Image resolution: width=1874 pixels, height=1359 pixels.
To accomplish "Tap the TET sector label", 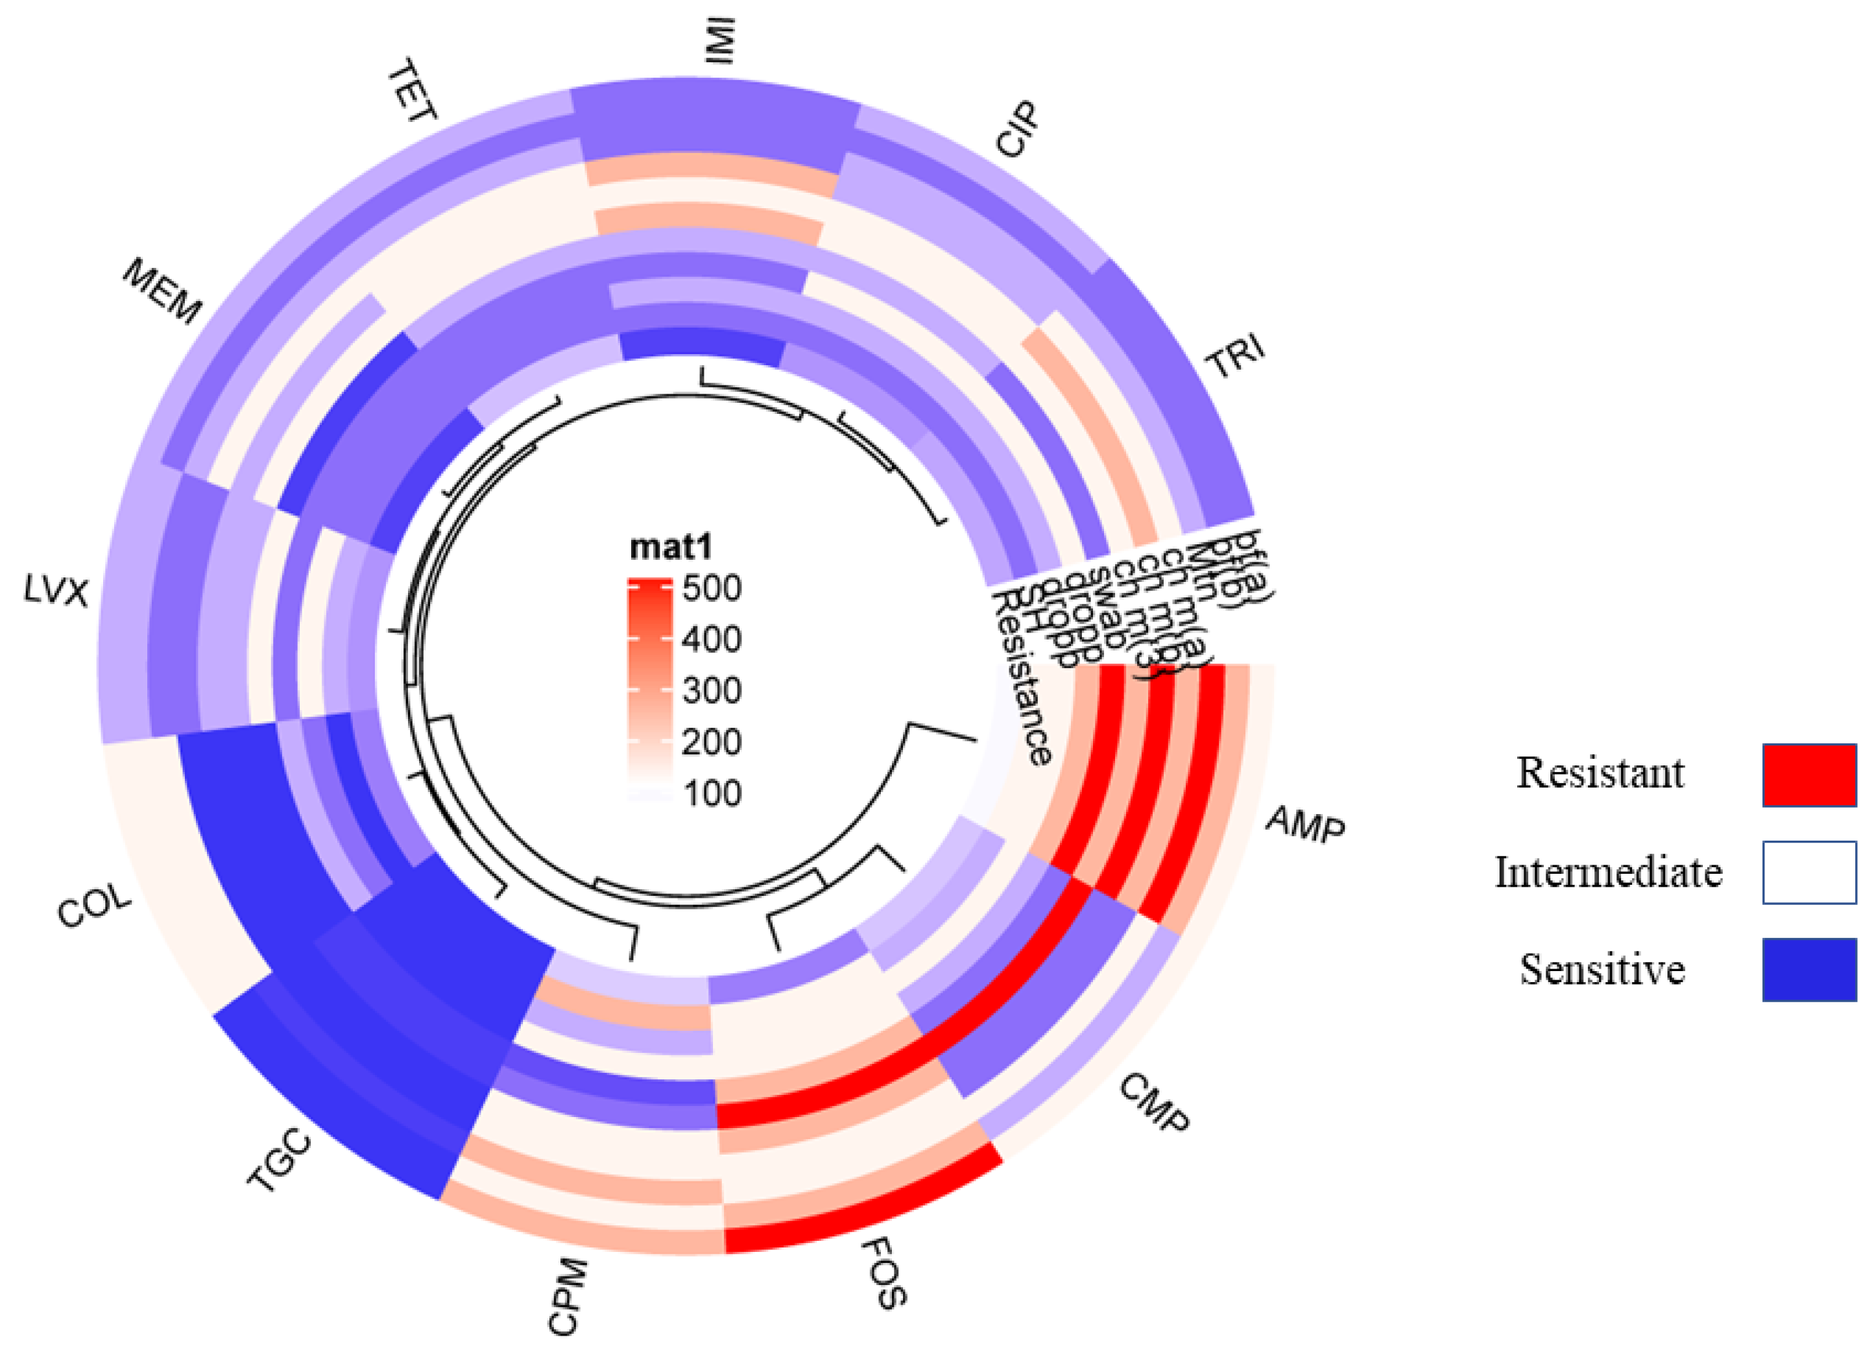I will [x=411, y=91].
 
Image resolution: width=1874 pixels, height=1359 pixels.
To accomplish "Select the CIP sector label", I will [x=1016, y=130].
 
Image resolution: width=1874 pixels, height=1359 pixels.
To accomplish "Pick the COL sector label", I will [x=94, y=906].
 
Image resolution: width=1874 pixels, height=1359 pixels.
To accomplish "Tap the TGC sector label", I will [x=280, y=1161].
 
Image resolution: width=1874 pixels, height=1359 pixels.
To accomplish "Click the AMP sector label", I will [x=1306, y=824].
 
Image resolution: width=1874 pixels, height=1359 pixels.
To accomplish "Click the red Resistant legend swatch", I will [x=1808, y=775].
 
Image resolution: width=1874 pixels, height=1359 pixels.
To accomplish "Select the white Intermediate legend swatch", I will [x=1808, y=872].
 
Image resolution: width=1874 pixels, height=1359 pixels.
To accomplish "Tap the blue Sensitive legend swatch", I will [x=1808, y=970].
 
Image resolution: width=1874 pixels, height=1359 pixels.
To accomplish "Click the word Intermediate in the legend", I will [x=1608, y=872].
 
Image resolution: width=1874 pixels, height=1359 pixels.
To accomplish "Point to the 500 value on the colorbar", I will [x=712, y=588].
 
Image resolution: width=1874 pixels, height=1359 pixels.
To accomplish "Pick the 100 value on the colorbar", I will [x=712, y=793].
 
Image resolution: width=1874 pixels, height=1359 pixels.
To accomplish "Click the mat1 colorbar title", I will [x=670, y=547].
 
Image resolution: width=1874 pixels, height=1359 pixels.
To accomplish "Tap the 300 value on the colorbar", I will [x=712, y=691].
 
